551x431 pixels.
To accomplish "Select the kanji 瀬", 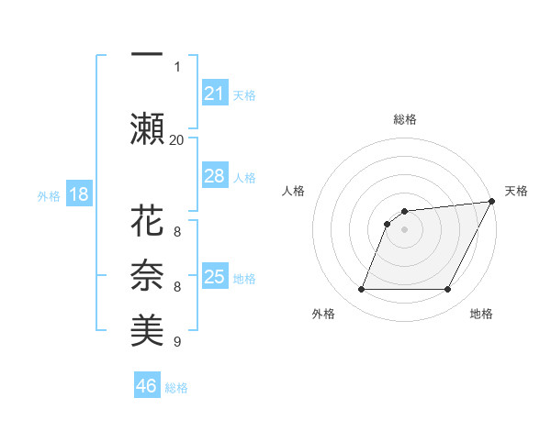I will tap(147, 128).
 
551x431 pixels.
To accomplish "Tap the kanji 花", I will tap(147, 223).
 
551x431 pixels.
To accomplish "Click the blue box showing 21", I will tap(214, 94).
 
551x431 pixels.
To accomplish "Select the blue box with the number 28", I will tap(214, 175).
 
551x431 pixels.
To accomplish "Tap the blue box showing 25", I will tap(214, 277).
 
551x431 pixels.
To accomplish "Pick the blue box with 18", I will tap(78, 195).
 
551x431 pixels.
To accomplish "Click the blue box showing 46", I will tap(147, 386).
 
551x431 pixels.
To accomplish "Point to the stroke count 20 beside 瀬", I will tap(176, 139).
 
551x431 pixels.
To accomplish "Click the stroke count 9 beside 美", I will tap(176, 342).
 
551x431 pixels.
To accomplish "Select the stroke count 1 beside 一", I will tap(177, 66).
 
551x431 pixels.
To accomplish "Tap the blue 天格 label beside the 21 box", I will tap(244, 94).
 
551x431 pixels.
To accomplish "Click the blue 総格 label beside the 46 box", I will tap(176, 387).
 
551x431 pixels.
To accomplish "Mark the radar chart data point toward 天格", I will tap(492, 201).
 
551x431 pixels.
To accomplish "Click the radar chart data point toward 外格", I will tap(361, 290).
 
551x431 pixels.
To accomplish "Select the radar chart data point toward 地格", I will tap(448, 290).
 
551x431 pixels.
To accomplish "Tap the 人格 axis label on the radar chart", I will tap(294, 191).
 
